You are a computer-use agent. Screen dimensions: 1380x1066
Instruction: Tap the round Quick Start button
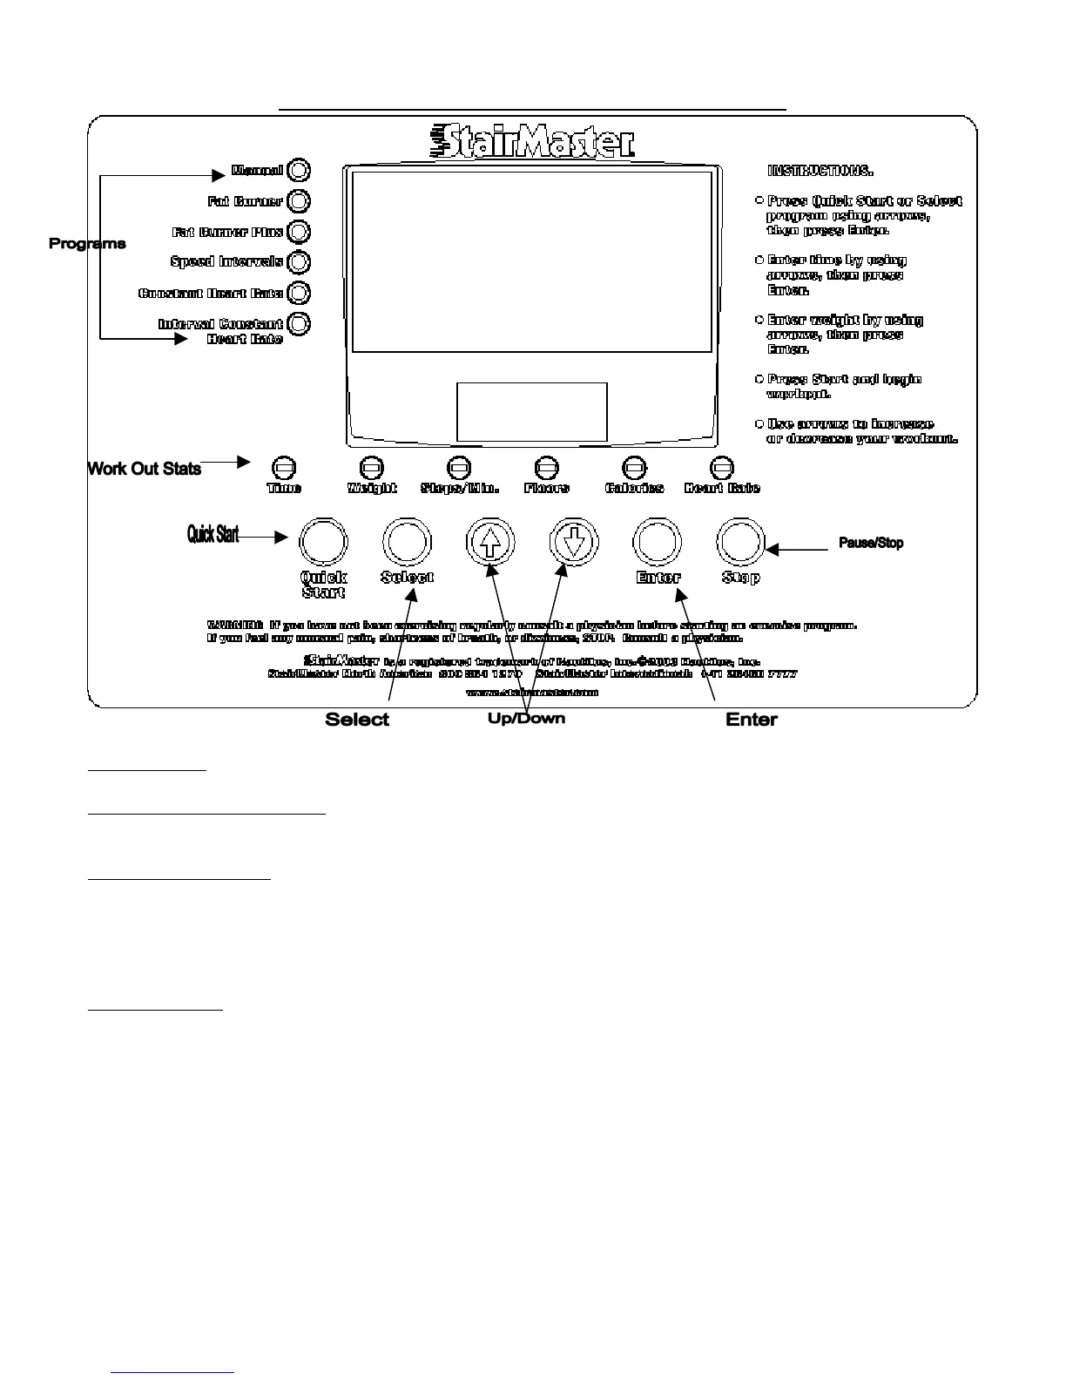pos(323,542)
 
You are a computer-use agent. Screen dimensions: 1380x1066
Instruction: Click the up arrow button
pos(490,542)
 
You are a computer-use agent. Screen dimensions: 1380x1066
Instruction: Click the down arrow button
pos(573,542)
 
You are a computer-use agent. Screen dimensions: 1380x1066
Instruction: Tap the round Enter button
pos(657,542)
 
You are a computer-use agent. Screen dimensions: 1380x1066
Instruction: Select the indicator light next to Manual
pos(298,170)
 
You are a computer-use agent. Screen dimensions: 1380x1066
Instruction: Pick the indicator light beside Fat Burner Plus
pos(298,232)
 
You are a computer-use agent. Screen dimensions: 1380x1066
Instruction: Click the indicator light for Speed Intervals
pos(298,262)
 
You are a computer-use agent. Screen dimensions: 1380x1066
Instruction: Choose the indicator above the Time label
pos(284,469)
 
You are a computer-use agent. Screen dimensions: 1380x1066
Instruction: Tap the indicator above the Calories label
pos(634,469)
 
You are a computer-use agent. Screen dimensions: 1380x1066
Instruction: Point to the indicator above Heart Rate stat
pos(722,469)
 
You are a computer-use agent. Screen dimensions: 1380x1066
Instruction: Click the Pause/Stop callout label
pos(871,543)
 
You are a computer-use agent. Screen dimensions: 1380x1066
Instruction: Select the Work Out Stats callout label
pos(145,469)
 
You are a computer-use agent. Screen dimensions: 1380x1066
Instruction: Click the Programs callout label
pos(87,244)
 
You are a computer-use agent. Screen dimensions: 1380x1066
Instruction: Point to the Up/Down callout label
pos(526,719)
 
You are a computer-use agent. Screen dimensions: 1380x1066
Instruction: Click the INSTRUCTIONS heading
pos(820,171)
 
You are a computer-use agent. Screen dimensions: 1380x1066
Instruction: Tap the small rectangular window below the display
pos(531,412)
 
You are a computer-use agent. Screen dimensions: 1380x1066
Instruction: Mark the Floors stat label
pos(547,489)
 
